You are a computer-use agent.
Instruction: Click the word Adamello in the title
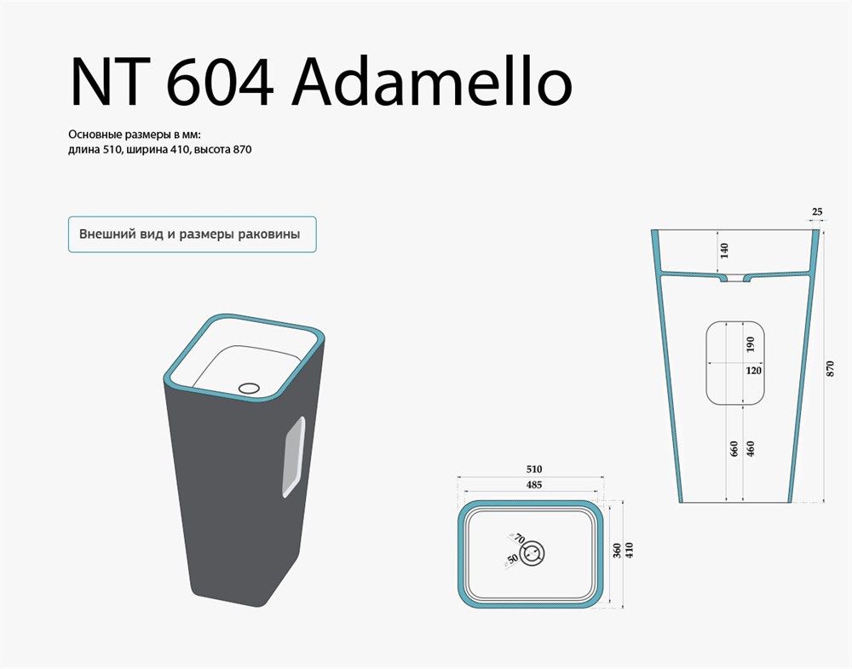click(x=432, y=82)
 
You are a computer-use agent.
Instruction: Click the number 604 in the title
click(x=220, y=83)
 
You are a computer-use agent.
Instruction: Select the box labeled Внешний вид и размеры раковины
click(x=193, y=234)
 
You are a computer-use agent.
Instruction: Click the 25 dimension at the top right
click(x=817, y=212)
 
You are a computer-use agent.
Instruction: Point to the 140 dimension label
click(x=724, y=251)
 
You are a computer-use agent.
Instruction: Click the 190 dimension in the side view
click(x=751, y=344)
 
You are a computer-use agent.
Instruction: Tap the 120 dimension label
click(x=754, y=371)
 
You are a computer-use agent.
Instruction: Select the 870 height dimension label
click(x=830, y=369)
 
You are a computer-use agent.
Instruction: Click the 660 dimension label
click(x=734, y=449)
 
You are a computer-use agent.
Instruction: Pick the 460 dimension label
click(x=751, y=449)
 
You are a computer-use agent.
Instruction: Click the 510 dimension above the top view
click(x=534, y=469)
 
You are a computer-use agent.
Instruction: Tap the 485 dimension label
click(x=534, y=485)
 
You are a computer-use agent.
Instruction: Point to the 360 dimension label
click(x=617, y=551)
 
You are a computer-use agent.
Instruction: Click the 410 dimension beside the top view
click(x=630, y=551)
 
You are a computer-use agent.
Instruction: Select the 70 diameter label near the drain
click(x=520, y=539)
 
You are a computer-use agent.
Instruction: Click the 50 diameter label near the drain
click(x=512, y=559)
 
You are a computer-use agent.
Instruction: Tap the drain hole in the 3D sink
click(x=250, y=388)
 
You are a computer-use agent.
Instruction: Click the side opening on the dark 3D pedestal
click(x=293, y=457)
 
